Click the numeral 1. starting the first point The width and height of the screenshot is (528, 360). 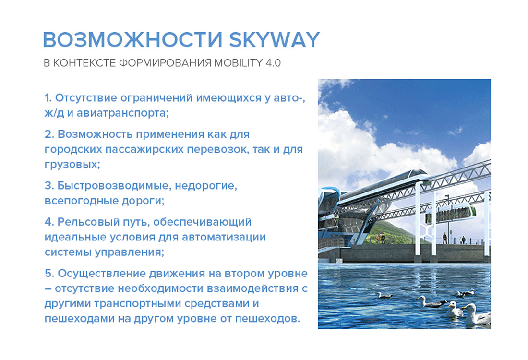click(48, 98)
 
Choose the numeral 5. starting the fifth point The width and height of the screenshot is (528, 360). click(49, 274)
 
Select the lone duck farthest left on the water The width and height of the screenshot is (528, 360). click(384, 295)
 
